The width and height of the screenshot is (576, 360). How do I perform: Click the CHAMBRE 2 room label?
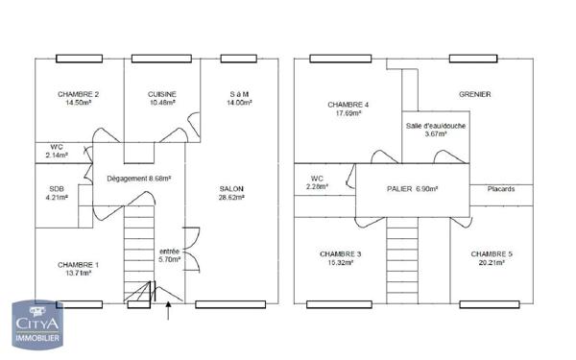79,93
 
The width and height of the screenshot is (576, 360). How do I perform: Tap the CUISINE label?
161,93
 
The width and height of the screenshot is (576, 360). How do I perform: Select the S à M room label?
239,93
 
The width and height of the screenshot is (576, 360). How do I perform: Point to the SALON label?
231,188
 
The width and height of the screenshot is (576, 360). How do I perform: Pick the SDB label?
58,188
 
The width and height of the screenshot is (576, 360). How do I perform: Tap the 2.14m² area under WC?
59,155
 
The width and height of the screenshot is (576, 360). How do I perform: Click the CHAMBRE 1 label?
78,264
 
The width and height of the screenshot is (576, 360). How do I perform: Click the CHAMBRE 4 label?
348,104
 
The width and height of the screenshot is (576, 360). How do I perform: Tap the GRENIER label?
474,94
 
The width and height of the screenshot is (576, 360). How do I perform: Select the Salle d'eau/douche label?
435,127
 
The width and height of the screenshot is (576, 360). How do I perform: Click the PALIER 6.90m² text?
412,189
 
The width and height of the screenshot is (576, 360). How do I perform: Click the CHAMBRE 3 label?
340,253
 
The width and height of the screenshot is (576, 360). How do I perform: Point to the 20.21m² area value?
491,263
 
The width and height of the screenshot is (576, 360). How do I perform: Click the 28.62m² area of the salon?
231,198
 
